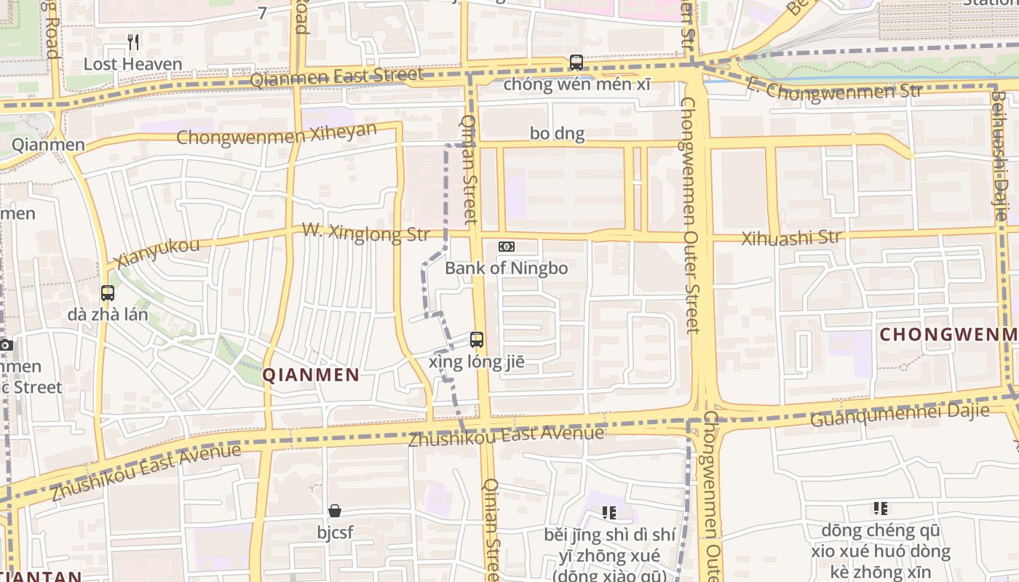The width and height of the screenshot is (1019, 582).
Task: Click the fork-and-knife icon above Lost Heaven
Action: pos(132,42)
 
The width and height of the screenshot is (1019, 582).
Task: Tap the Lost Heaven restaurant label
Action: pos(132,64)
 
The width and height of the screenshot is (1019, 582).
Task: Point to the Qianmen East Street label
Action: pos(336,76)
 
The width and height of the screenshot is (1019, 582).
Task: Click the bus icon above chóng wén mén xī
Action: pos(576,63)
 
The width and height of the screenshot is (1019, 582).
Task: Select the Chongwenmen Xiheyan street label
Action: pos(277,134)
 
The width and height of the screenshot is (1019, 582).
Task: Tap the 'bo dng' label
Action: pos(557,133)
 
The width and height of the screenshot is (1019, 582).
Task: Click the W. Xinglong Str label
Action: pos(366,234)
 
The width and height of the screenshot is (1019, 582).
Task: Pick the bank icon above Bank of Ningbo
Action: pos(506,247)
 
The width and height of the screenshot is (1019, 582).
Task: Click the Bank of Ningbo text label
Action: pos(506,268)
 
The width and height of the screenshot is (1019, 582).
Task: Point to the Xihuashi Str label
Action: pos(791,237)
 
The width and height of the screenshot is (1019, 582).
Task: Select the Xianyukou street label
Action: pos(156,253)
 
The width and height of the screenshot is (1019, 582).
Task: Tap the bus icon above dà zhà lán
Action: pos(108,293)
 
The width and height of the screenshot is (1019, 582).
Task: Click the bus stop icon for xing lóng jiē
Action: pos(477,339)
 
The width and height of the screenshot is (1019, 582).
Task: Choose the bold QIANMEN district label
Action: pos(311,375)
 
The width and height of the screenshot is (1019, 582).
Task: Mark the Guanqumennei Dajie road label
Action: pos(900,415)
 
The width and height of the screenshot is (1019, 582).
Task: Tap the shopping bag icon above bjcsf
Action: pos(335,511)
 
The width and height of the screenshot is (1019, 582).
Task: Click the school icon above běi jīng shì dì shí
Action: pos(609,513)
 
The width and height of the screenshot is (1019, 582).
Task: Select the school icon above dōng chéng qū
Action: pos(881,508)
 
